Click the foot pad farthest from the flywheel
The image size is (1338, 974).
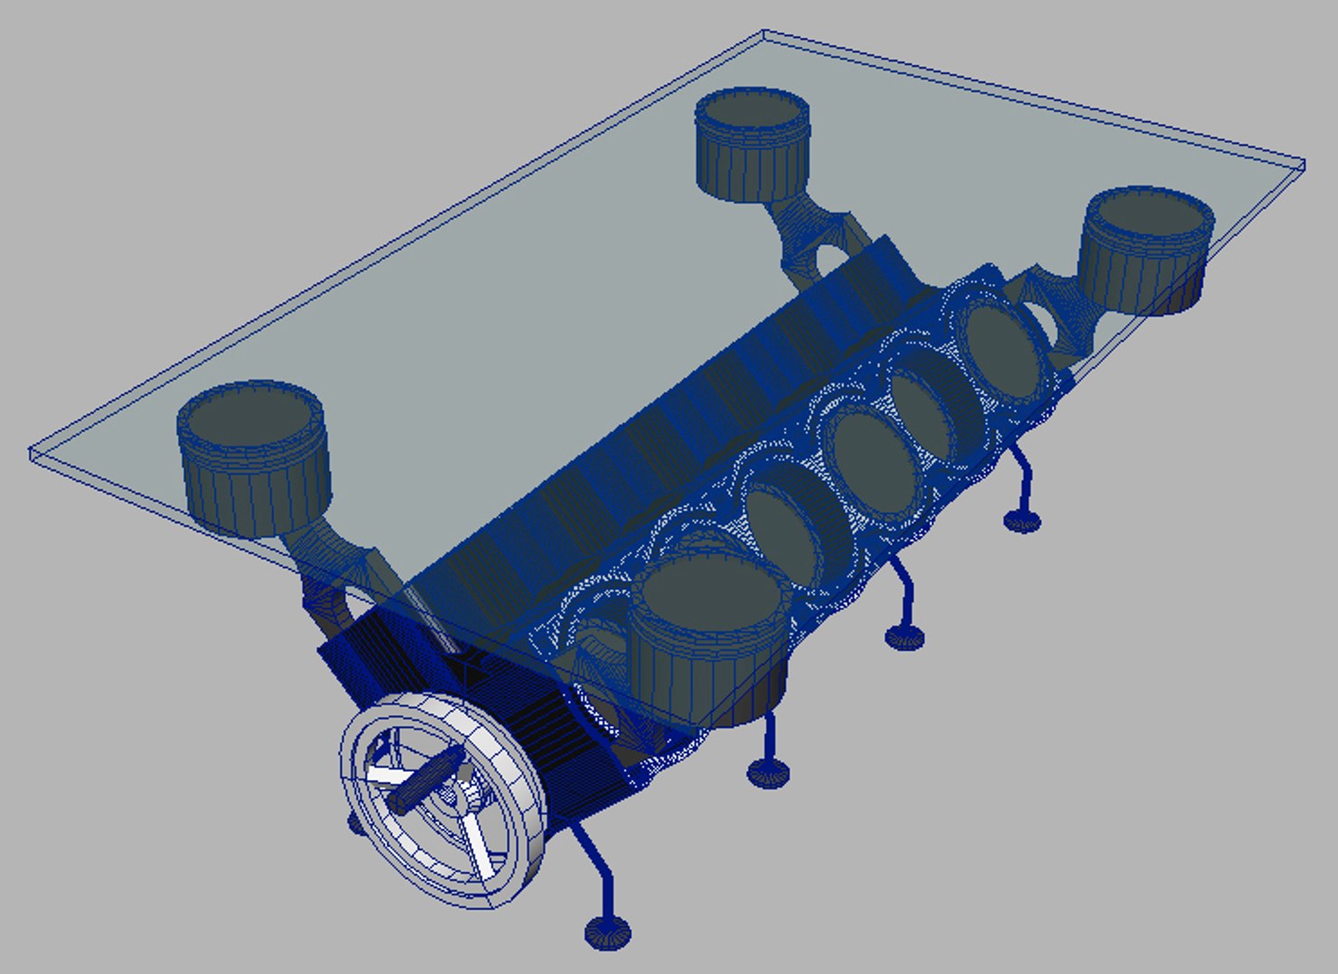pyautogui.click(x=1022, y=519)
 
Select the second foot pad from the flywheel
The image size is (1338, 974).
pyautogui.click(x=768, y=772)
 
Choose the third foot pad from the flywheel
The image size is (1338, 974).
pyautogui.click(x=905, y=638)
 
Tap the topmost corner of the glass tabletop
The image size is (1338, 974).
pyautogui.click(x=763, y=33)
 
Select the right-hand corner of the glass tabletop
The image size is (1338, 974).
pyautogui.click(x=1304, y=164)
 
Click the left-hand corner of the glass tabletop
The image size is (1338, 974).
pyautogui.click(x=32, y=454)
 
